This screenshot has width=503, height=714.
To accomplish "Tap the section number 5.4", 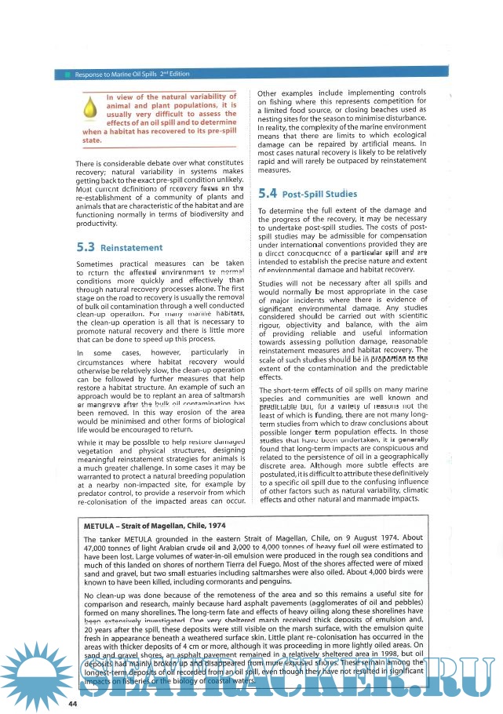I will [267, 192].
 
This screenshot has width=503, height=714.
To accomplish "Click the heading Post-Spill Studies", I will [320, 193].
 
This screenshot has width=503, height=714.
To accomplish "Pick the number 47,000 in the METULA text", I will [99, 548].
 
